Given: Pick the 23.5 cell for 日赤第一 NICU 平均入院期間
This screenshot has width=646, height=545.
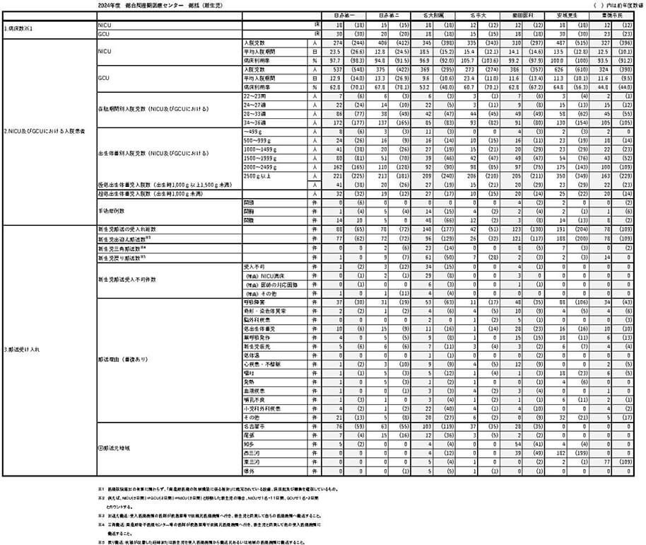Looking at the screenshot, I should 334,52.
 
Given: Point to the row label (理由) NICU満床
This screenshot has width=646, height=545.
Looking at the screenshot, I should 263,275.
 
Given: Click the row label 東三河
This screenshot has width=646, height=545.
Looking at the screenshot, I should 251,461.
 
